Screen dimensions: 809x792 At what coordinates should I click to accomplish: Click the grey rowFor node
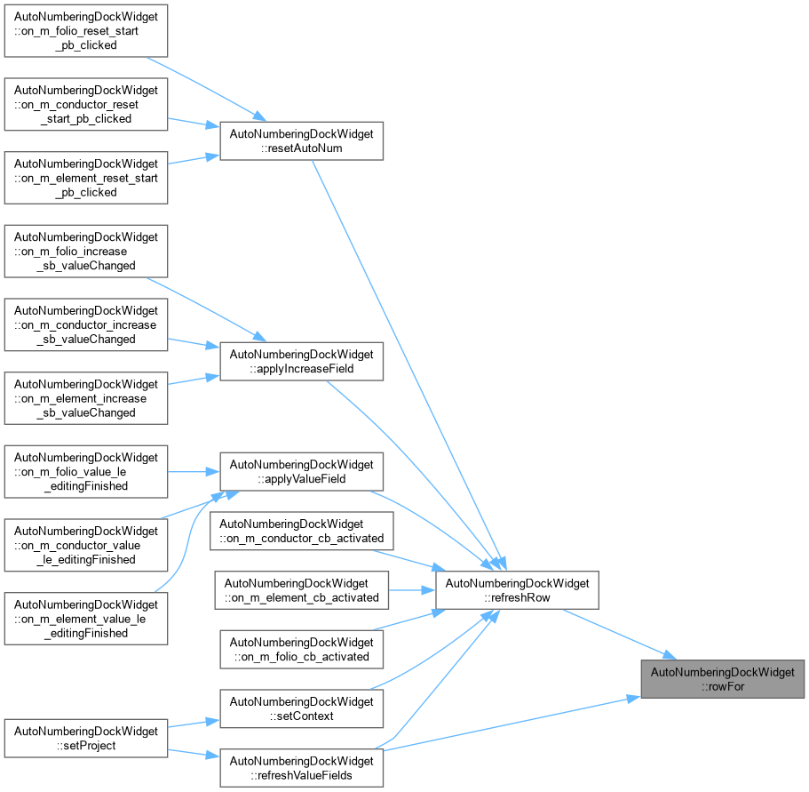pos(722,679)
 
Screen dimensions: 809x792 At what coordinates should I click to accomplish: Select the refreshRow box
pos(517,590)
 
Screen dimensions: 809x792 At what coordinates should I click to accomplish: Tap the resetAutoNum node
pos(301,141)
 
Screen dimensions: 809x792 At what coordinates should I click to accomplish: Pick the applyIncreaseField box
pos(301,362)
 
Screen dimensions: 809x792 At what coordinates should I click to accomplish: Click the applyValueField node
pos(301,472)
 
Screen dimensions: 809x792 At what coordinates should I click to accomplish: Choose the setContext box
pos(301,708)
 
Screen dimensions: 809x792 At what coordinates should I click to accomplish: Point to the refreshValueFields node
pos(301,768)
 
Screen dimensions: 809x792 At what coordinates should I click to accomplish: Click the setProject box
pos(86,739)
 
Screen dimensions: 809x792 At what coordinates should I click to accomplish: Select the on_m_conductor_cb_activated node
pos(301,532)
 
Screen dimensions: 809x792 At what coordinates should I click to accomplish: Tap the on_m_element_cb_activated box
pos(301,590)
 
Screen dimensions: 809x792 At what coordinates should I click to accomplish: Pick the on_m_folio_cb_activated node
pos(301,650)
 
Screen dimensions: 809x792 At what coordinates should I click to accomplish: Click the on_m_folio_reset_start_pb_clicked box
pos(86,31)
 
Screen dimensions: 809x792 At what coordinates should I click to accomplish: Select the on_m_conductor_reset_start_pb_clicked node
pos(86,104)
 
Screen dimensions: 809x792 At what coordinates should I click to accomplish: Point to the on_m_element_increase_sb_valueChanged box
pos(86,398)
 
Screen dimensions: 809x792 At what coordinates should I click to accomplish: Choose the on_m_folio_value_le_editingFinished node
pos(86,472)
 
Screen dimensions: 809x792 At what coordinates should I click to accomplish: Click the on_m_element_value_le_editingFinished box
pos(86,619)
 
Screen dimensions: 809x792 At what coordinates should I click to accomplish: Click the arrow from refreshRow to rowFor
pos(620,635)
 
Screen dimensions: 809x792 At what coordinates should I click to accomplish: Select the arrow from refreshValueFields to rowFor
pos(512,724)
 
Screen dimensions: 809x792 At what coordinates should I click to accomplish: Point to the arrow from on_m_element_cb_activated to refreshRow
pos(412,590)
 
